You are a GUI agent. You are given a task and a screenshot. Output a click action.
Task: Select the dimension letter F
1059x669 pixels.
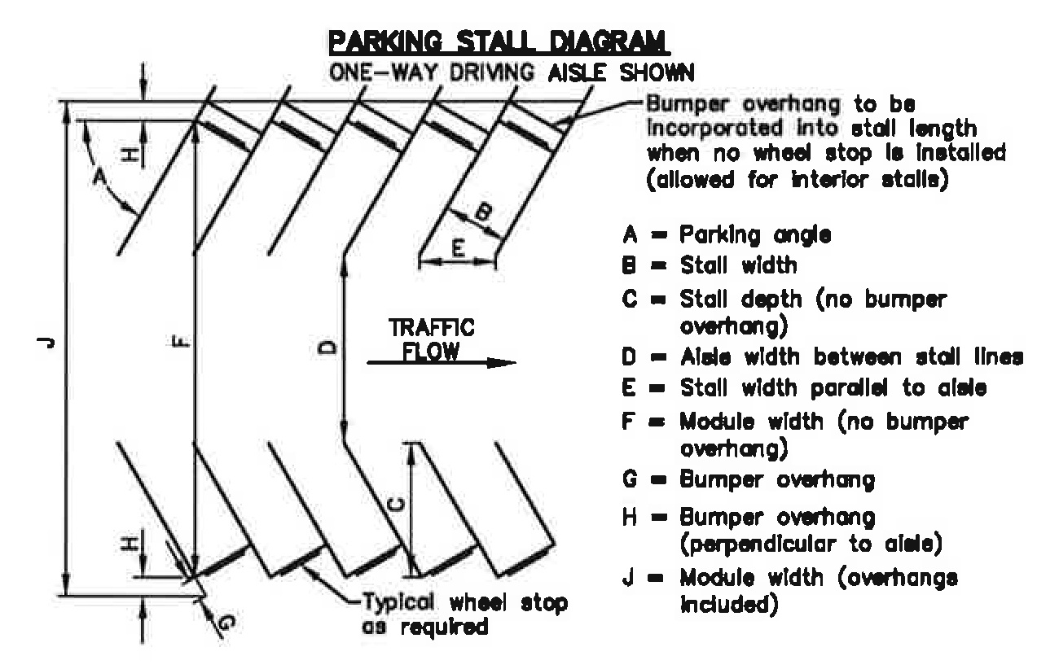[180, 345]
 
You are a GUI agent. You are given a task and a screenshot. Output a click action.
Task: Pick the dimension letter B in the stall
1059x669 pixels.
[482, 213]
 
